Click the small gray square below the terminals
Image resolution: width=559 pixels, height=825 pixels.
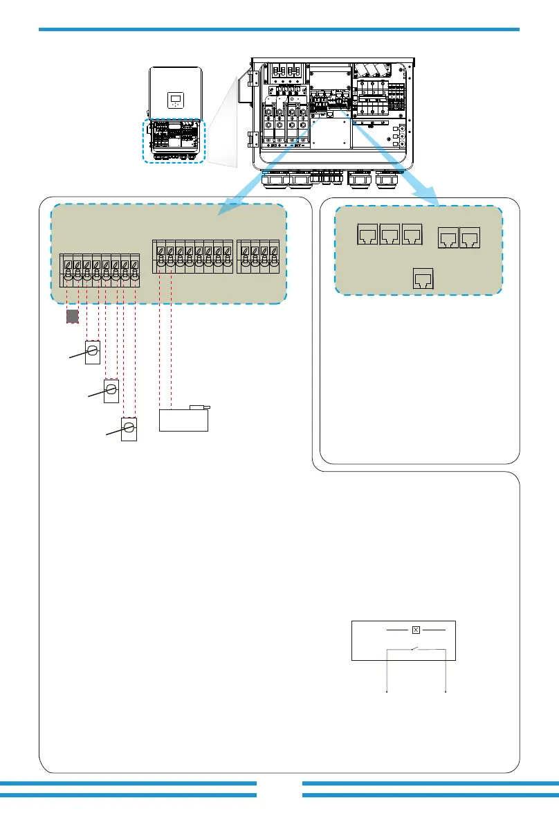[72, 317]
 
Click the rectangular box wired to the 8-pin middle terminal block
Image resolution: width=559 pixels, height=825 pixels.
[184, 419]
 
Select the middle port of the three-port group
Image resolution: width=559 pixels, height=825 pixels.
[391, 236]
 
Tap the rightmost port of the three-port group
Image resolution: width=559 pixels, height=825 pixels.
[412, 236]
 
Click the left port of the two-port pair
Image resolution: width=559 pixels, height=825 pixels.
[448, 239]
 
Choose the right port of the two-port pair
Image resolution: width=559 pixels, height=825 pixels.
[470, 239]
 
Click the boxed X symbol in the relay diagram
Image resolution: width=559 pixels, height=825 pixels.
[416, 630]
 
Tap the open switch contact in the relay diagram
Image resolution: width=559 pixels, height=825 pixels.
[414, 649]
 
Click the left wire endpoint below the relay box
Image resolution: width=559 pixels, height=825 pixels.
[386, 691]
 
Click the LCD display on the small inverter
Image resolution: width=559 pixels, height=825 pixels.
[176, 98]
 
